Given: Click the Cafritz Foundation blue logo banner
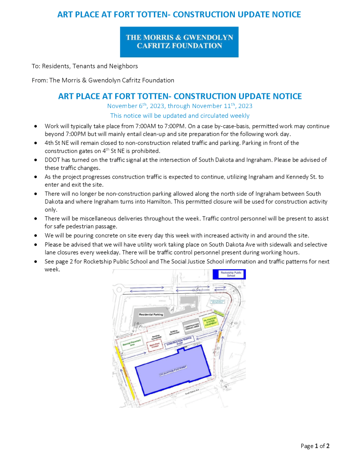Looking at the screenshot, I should coord(179,42).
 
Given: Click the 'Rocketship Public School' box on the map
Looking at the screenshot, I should coord(229,274).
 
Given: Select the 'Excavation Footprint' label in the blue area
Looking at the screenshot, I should coord(173,373).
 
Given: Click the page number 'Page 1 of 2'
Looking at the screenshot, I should coord(315,446).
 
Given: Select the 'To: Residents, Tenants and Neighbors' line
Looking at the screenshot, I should coord(85,66).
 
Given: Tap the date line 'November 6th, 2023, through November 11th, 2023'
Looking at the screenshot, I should coord(180,106).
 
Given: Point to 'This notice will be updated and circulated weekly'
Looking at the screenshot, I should coord(180,116).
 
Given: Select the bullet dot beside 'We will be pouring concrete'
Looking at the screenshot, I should coord(35,236).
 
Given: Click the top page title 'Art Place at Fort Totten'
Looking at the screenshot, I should coord(179,15).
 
